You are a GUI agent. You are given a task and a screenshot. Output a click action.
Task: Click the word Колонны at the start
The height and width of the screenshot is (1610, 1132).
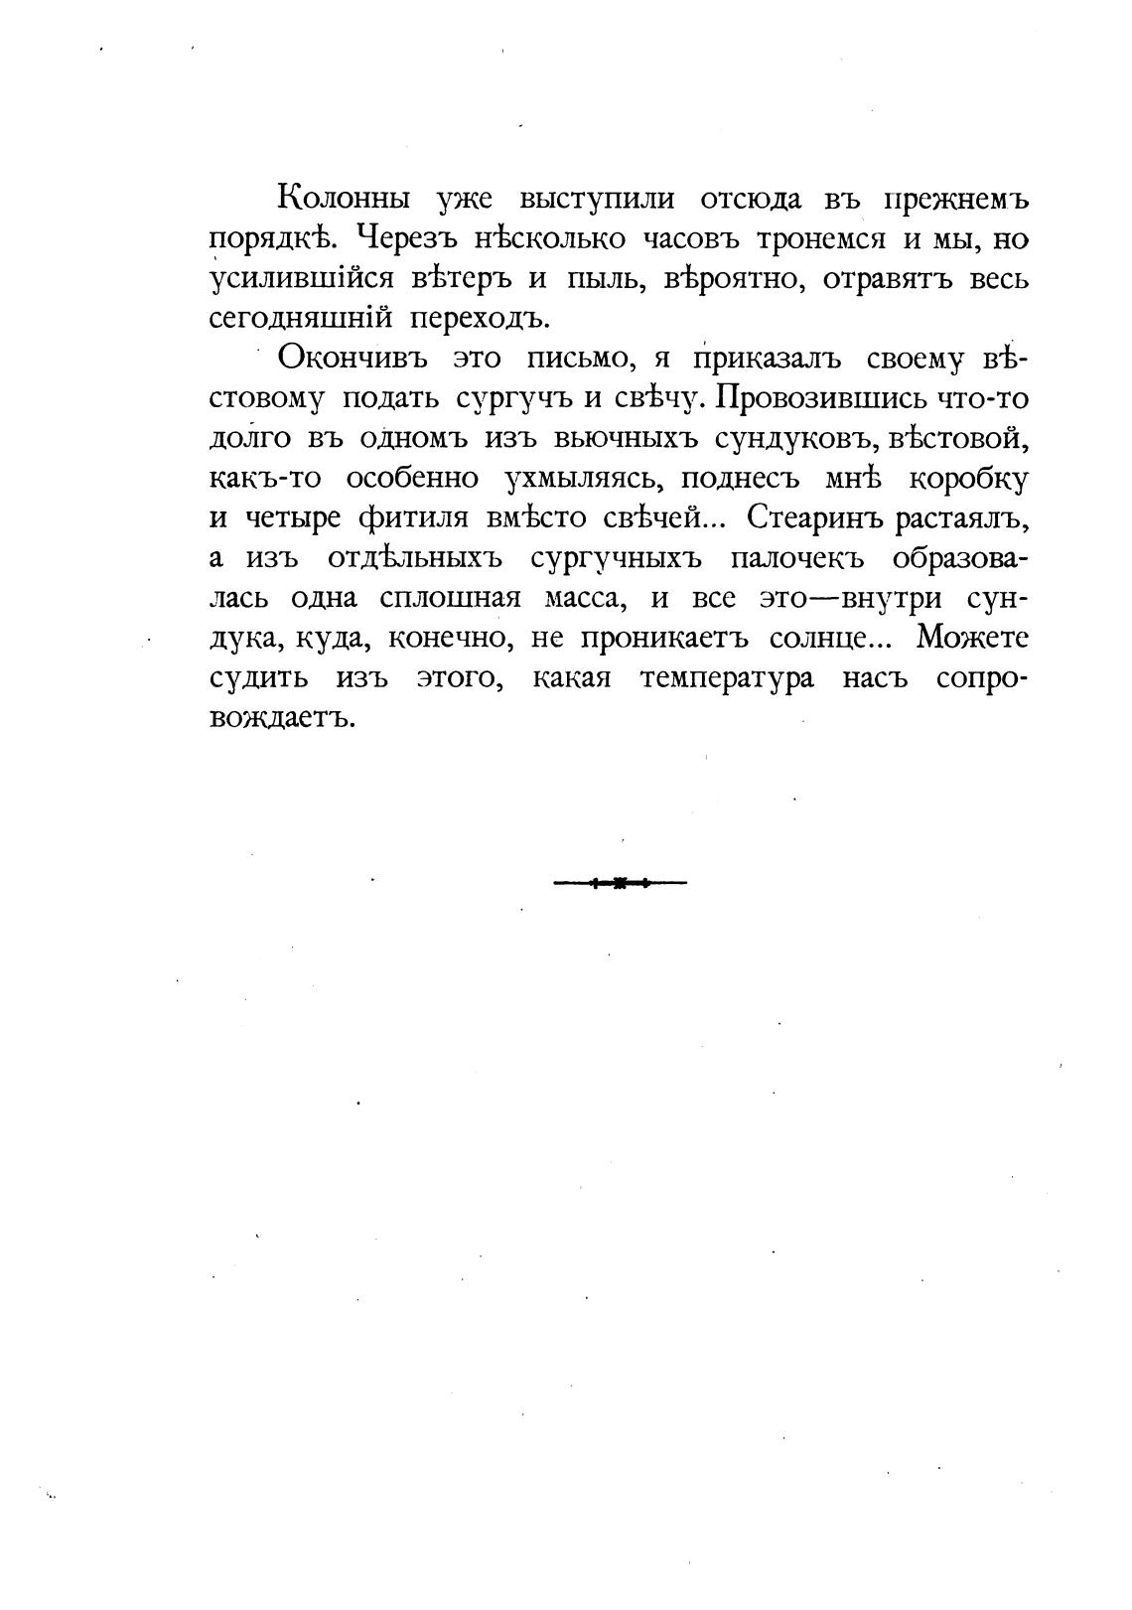pyautogui.click(x=344, y=199)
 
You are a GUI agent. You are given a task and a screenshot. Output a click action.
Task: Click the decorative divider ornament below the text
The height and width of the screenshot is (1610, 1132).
pyautogui.click(x=620, y=882)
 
